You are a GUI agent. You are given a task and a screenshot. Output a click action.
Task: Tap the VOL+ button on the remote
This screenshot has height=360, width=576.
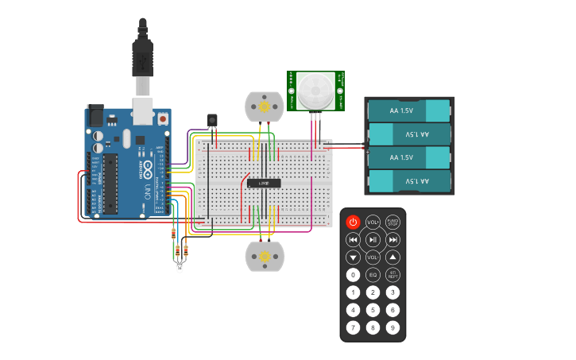point(373,222)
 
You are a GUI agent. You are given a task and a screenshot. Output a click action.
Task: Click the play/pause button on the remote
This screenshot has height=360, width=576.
point(373,239)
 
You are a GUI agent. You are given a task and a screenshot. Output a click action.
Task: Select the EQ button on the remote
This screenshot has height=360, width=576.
point(373,274)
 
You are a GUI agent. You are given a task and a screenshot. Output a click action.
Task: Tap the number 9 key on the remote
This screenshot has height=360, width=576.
point(392,327)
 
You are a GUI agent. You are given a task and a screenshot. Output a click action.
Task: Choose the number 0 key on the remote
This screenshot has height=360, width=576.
point(354,274)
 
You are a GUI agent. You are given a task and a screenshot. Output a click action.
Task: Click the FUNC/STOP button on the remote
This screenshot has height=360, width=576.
point(392,222)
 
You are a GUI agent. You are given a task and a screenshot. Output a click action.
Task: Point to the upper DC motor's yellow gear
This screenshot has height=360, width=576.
point(264,106)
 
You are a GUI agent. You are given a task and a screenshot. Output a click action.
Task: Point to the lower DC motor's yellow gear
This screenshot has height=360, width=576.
point(264,256)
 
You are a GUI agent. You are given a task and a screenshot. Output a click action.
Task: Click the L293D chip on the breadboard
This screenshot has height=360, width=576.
point(264,183)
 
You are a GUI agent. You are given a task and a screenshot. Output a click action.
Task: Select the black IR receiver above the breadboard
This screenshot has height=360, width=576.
point(212,120)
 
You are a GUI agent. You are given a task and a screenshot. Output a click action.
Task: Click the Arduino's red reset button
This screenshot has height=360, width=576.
point(163,118)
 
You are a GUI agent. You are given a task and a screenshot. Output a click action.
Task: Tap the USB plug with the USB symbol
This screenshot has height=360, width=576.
point(142,60)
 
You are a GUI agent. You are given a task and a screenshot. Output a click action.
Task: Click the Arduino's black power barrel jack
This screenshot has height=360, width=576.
point(95,115)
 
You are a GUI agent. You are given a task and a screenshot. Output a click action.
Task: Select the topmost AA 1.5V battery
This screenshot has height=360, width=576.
point(408,110)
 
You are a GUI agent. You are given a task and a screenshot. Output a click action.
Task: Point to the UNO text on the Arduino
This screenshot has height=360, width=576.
point(148,192)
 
